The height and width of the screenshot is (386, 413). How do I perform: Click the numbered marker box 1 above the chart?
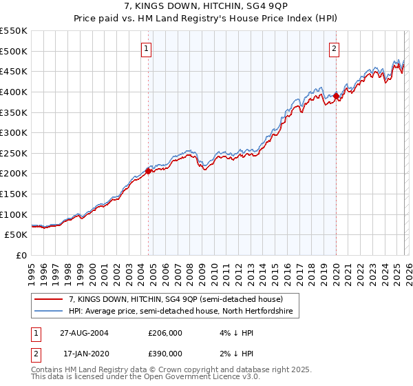148,48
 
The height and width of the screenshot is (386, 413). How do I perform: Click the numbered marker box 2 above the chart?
334,48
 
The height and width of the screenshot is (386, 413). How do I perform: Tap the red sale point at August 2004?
149,172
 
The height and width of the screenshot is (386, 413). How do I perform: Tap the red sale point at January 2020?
336,96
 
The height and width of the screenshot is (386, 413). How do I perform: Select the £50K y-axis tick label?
17,235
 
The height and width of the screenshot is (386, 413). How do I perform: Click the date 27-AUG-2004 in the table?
83,333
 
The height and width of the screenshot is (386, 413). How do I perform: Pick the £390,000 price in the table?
165,353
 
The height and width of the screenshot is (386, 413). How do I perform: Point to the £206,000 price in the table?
165,333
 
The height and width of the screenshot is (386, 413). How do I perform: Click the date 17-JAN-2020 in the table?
83,353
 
